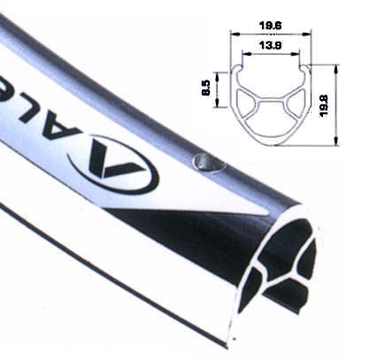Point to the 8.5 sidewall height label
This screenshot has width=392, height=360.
point(206,89)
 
